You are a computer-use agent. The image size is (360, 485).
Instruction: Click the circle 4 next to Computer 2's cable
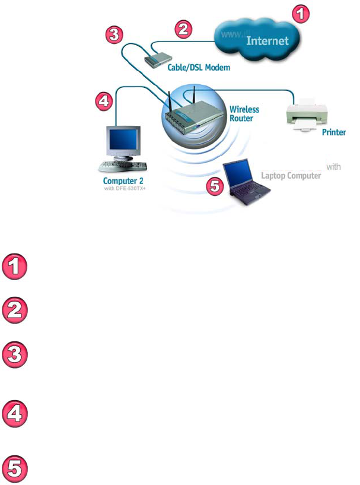point(104,102)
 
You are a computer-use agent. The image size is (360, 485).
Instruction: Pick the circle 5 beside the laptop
point(215,186)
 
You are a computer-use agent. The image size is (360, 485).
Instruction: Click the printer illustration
point(305,115)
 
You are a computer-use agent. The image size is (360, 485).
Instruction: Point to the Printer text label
point(333,133)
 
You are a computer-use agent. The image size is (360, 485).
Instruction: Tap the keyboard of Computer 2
point(121,164)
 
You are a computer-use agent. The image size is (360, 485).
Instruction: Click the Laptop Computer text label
point(291,176)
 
